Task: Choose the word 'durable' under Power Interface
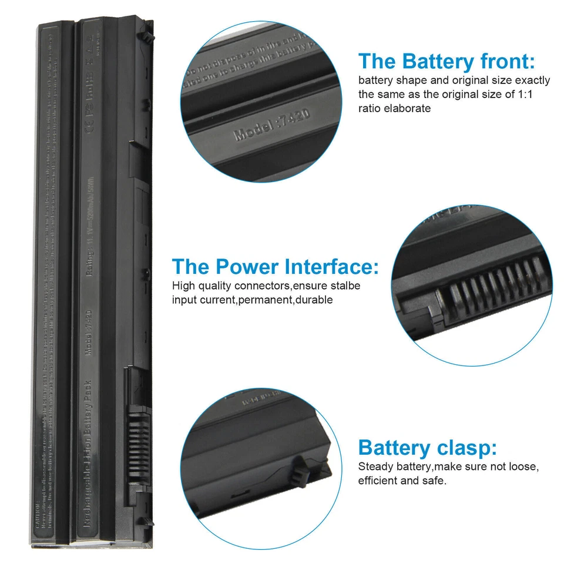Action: tap(314, 300)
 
